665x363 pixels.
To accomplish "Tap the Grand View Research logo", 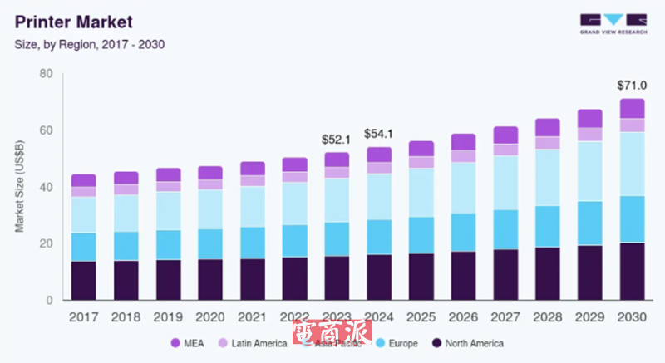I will (613, 22).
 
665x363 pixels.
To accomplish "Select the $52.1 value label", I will (337, 140).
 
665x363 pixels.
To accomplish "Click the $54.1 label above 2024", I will (379, 134).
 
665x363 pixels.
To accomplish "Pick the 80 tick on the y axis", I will (47, 74).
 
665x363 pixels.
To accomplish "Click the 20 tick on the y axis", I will (47, 244).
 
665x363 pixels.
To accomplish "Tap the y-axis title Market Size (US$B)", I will (20, 187).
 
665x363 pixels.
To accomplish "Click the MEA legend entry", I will (188, 342).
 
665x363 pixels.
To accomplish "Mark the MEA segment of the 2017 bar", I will (83, 180).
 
